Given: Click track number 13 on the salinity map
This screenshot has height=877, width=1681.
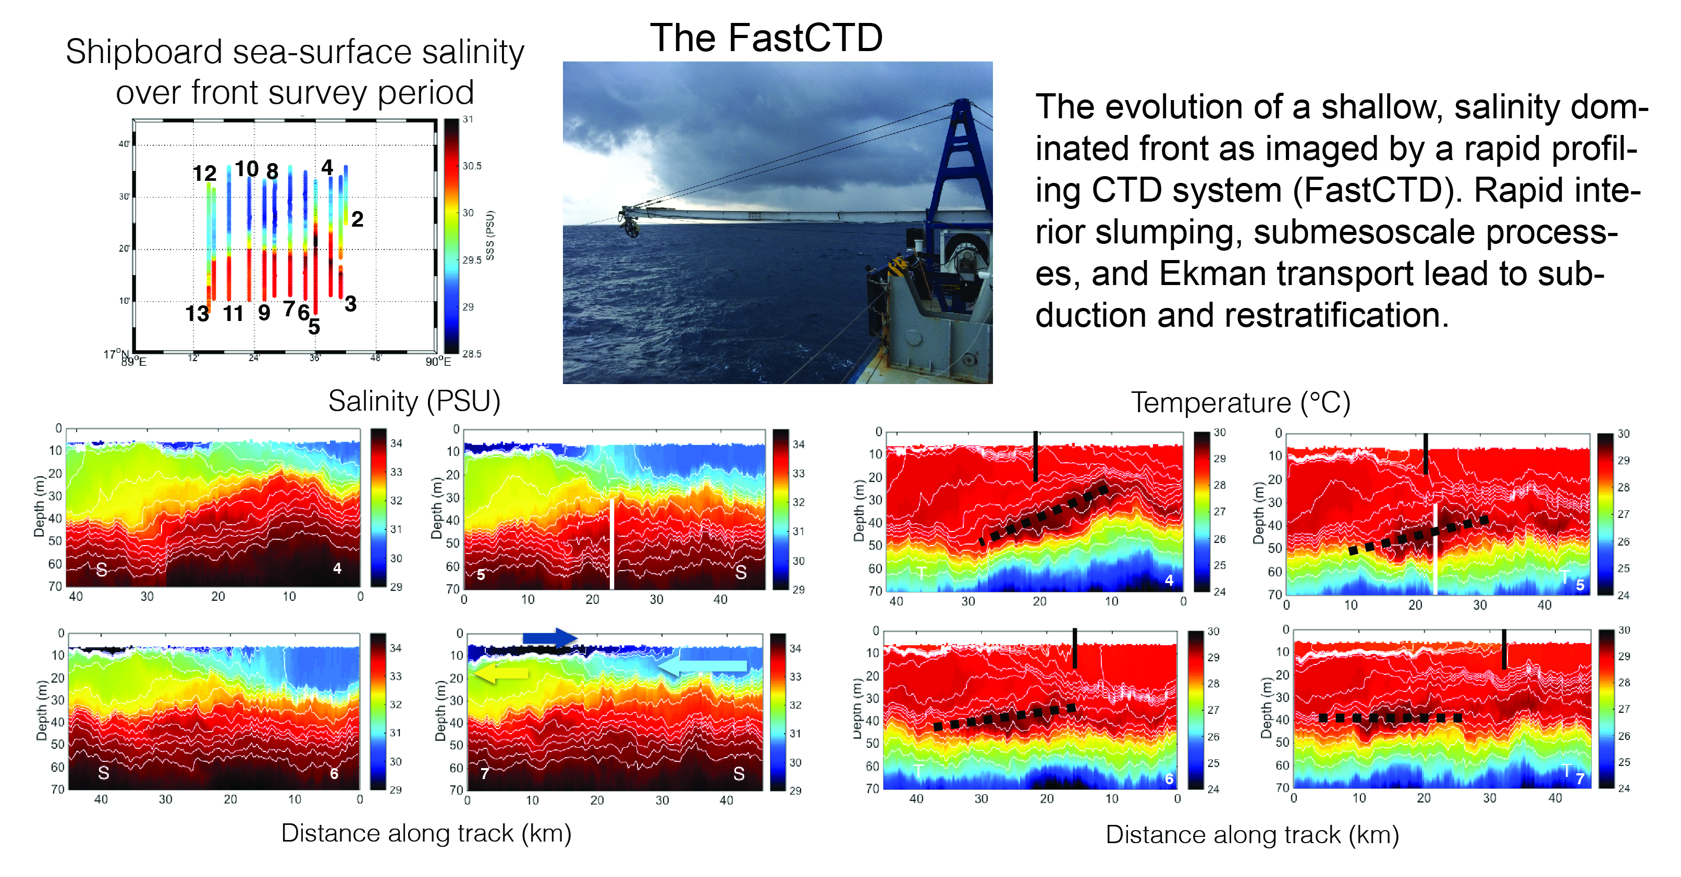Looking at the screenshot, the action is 197,314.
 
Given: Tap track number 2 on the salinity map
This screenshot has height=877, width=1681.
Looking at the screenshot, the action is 357,219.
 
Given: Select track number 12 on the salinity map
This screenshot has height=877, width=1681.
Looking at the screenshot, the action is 204,173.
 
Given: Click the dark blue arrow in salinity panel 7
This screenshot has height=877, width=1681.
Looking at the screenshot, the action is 550,637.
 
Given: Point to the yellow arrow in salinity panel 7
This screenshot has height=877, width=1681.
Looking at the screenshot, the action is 500,673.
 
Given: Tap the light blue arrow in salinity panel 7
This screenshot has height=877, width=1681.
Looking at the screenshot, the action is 702,666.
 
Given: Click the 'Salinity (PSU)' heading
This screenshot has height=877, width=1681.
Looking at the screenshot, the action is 414,401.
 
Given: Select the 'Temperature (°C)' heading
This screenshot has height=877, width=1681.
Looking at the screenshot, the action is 1241,403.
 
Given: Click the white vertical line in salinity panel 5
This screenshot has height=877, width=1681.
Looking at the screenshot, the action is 612,544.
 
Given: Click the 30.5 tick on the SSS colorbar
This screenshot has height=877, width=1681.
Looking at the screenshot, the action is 472,166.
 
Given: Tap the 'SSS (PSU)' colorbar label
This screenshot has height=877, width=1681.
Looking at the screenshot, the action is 490,236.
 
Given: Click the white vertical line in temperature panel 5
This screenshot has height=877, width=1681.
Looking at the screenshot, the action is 1435,549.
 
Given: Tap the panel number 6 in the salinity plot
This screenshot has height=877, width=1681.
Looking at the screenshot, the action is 334,774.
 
